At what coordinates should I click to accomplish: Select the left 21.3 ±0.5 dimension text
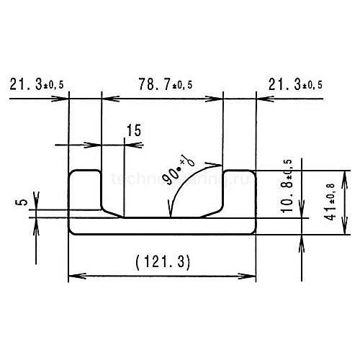coord(37,85)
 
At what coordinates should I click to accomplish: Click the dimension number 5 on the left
coord(23,204)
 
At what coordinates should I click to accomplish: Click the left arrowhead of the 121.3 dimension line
coord(73,276)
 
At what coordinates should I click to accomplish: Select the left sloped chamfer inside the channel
coord(111,212)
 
